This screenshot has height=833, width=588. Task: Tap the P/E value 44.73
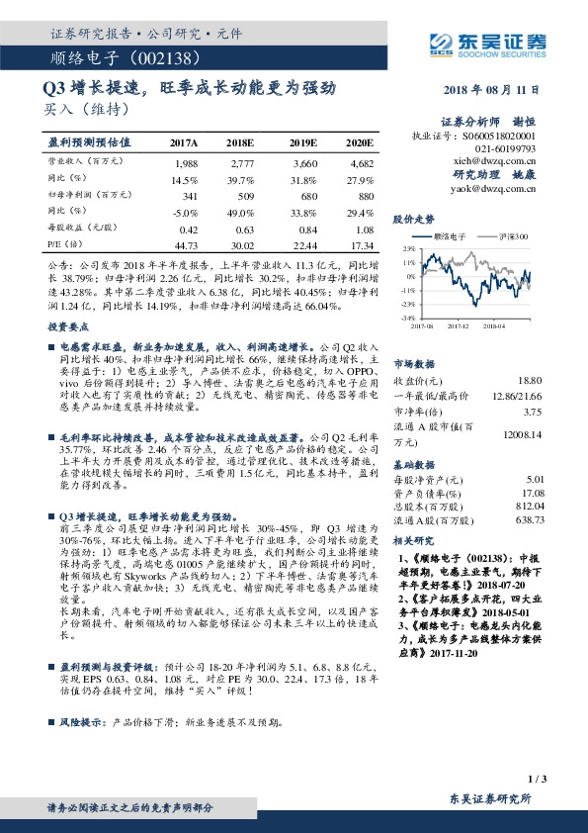185,244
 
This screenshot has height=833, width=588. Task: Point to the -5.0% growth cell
185,212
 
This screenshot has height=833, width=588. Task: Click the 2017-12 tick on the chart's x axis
459,323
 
